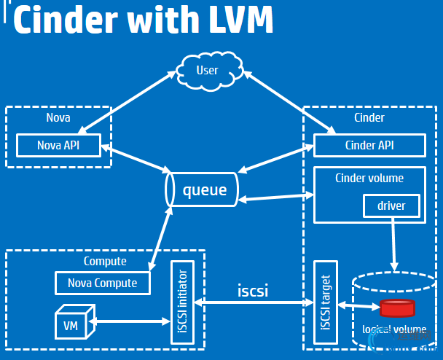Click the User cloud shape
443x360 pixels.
208,71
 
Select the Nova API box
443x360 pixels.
58,145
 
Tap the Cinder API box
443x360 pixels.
369,145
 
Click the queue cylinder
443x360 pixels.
203,192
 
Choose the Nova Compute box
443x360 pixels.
102,283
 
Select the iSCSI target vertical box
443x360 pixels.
325,302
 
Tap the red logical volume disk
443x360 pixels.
397,308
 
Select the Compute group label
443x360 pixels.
105,261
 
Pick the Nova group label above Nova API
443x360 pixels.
58,117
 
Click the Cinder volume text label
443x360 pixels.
369,178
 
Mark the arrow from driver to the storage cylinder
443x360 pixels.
394,245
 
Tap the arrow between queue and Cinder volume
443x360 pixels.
275,197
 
